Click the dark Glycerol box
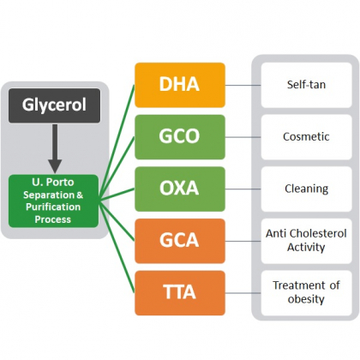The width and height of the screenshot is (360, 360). point(54,105)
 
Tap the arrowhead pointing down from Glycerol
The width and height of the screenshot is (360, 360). point(55,166)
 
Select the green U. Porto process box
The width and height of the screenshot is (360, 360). point(53,201)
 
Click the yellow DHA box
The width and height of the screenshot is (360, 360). point(180,85)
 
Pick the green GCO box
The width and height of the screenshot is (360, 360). point(180,137)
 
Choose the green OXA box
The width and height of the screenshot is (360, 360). point(180,189)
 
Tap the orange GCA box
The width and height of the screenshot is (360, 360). point(180,241)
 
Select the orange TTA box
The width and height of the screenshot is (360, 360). point(180,293)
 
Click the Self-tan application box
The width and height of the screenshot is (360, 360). point(306,85)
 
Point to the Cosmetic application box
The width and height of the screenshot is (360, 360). point(306,137)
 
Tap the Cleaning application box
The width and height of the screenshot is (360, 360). point(306,189)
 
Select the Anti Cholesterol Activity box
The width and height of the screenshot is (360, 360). point(306,241)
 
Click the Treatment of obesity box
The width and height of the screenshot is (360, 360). point(306,293)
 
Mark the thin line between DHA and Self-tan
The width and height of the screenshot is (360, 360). point(243,85)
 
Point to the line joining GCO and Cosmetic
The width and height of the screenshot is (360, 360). point(243,137)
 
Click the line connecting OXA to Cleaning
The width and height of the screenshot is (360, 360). point(243,189)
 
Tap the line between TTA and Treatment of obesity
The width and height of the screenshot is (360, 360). point(243,293)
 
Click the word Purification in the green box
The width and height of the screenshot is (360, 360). point(53,207)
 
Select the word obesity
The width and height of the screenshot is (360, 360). point(306,299)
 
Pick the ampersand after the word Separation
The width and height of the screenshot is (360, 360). point(80,195)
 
